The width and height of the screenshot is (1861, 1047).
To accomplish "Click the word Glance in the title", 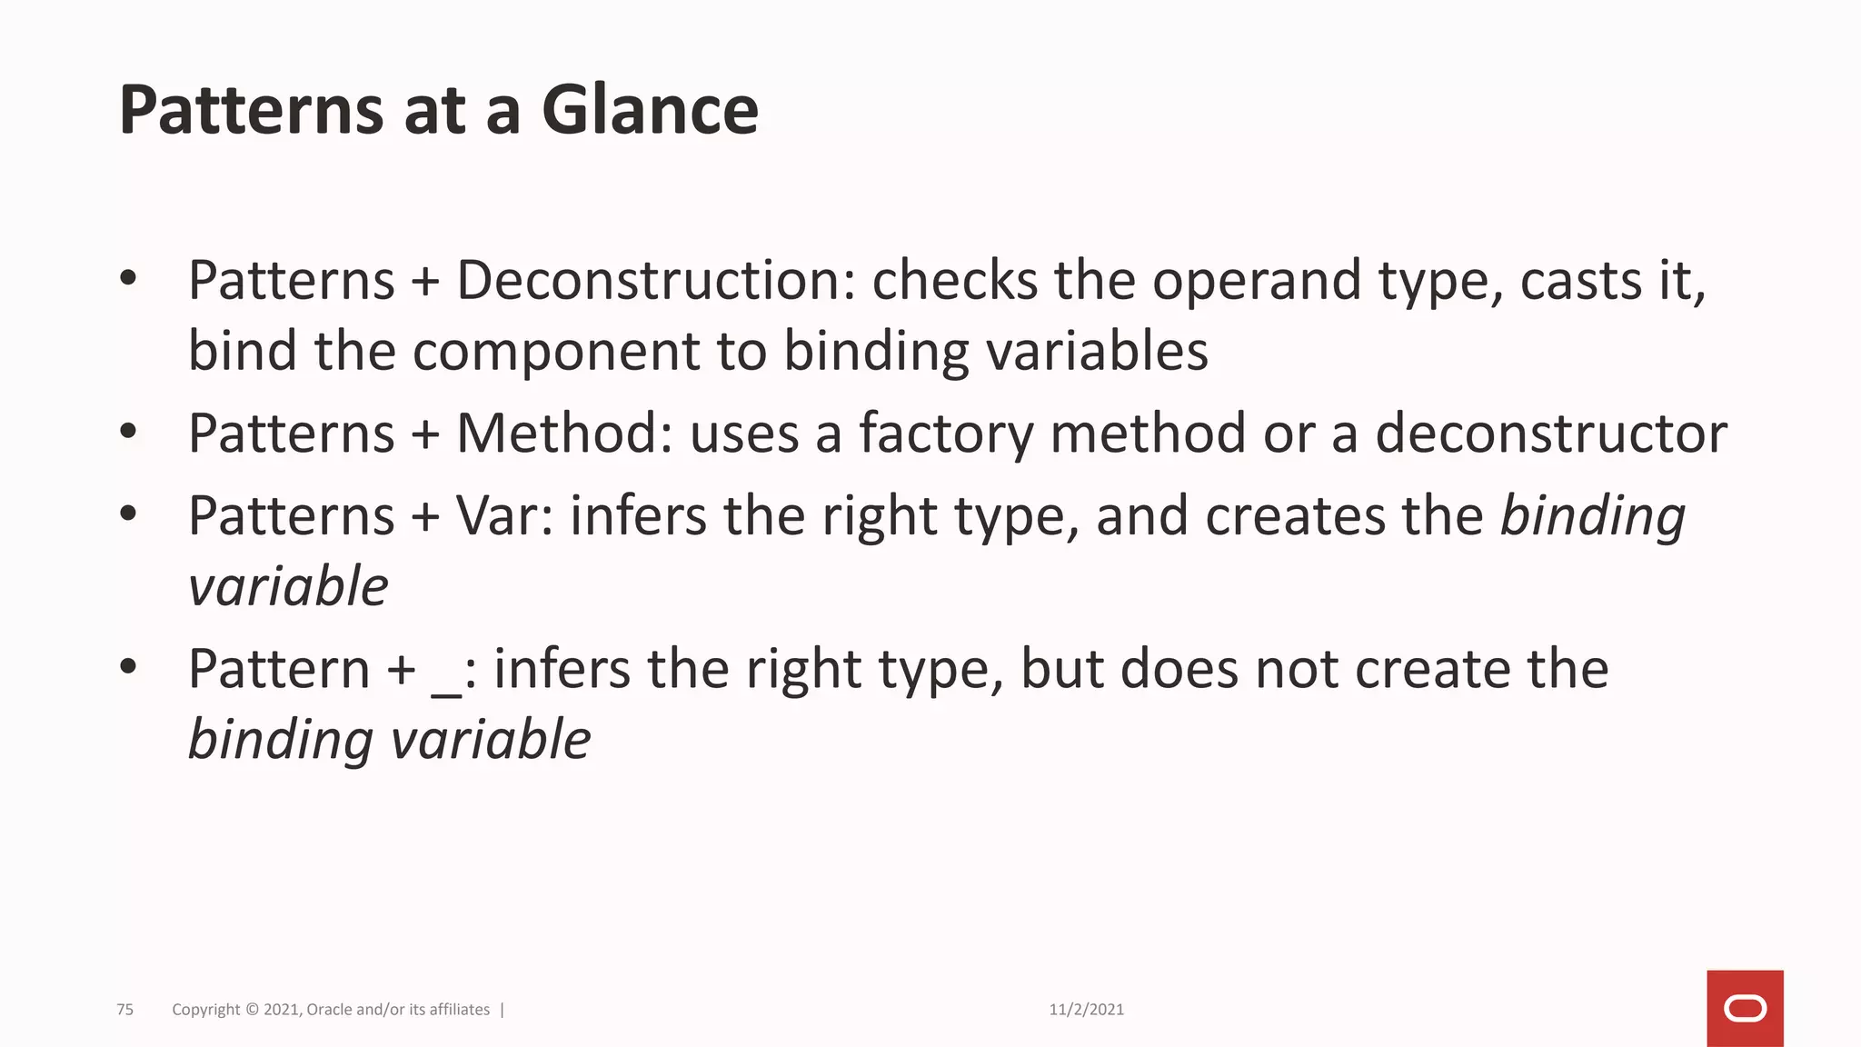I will point(650,110).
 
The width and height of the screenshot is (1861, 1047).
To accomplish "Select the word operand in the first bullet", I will point(1257,280).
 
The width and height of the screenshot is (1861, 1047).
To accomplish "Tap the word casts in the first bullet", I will point(1580,280).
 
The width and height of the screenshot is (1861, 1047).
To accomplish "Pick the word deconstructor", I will point(1550,433).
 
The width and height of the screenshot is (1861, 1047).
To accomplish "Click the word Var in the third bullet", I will point(503,516).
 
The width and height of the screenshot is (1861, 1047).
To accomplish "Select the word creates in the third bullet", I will point(1295,516).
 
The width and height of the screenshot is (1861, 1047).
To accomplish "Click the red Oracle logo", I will point(1745,1008).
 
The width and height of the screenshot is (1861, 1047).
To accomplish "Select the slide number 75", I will point(125,1010).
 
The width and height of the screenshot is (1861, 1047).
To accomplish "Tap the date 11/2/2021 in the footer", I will point(1086,1010).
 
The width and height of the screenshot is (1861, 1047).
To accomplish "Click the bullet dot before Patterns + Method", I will point(128,432).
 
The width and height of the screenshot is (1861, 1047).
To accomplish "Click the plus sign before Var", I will point(424,517).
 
